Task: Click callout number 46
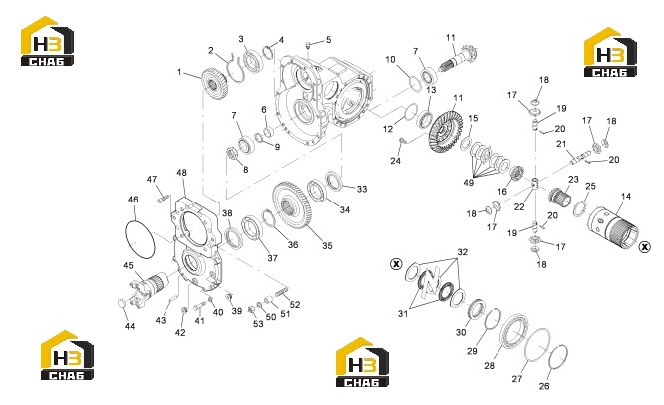click(x=133, y=200)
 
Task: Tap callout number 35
click(x=327, y=245)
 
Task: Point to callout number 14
click(x=626, y=197)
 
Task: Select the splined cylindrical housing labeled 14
click(x=613, y=229)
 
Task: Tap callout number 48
click(x=181, y=173)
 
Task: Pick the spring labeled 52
click(x=281, y=292)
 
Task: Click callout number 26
click(x=544, y=386)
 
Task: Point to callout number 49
click(x=468, y=183)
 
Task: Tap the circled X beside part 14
click(x=644, y=247)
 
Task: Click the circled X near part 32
click(x=396, y=264)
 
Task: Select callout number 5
click(x=328, y=40)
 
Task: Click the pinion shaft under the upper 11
click(x=459, y=60)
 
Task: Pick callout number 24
click(x=395, y=161)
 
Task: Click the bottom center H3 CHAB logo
click(x=362, y=363)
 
